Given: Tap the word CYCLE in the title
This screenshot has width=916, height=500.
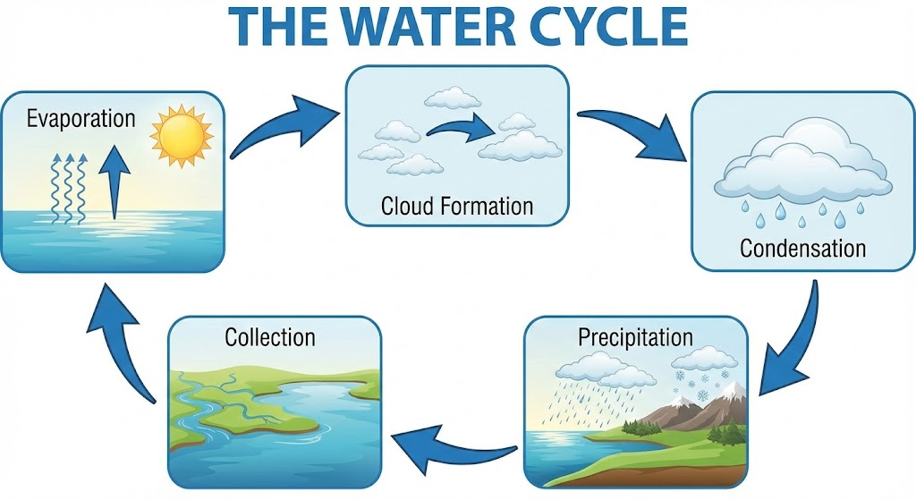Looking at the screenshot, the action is (606, 25).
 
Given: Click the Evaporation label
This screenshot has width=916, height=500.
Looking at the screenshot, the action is (81, 120).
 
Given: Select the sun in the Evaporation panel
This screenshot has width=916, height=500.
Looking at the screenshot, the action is (182, 136).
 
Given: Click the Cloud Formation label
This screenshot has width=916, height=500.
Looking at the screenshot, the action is (457, 207).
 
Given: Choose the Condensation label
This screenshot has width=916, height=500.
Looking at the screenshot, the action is (802, 249).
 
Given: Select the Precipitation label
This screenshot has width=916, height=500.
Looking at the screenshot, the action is (635, 337).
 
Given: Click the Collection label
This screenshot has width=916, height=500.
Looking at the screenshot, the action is (270, 337).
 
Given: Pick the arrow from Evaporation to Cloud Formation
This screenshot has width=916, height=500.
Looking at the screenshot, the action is (279, 124).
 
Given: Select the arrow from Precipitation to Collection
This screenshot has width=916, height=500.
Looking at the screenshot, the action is (450, 450).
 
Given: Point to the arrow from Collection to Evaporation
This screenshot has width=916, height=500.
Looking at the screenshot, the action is (120, 344).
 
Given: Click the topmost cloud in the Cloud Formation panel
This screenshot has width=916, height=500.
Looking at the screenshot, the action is (453, 97).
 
